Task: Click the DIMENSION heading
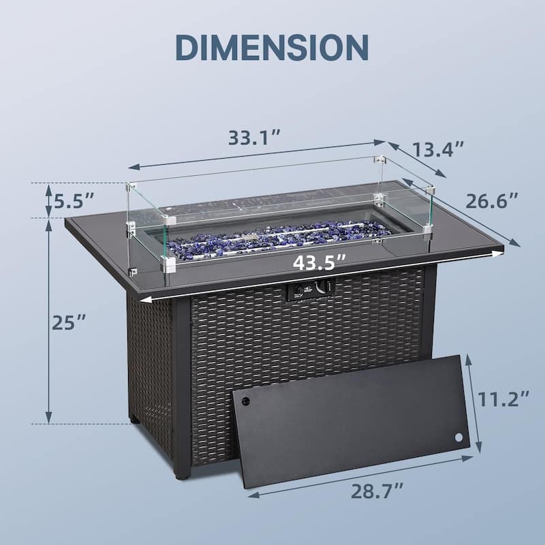pyautogui.click(x=272, y=47)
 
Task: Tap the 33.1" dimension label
pyautogui.click(x=254, y=138)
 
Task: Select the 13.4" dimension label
pyautogui.click(x=437, y=150)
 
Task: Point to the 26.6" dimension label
pyautogui.click(x=491, y=200)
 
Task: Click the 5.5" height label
pyautogui.click(x=74, y=200)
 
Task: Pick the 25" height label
pyautogui.click(x=69, y=322)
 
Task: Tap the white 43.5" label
pyautogui.click(x=320, y=262)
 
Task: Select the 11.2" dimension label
pyautogui.click(x=503, y=399)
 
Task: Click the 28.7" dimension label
pyautogui.click(x=377, y=491)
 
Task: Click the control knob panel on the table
pyautogui.click(x=310, y=289)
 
